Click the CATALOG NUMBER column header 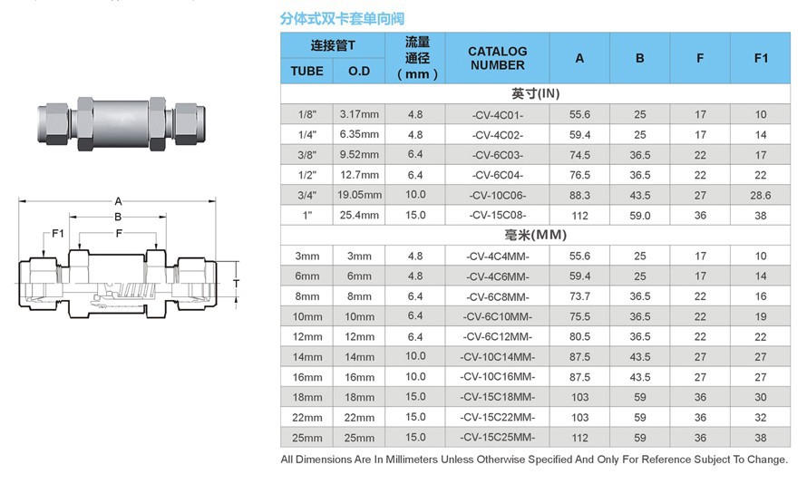[497, 58]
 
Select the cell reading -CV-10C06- [497, 195]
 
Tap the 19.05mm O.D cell [359, 195]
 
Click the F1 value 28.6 [761, 195]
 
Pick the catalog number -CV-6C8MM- [497, 296]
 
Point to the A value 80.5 [579, 336]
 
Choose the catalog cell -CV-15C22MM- [497, 417]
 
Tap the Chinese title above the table [342, 18]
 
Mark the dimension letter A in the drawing [118, 201]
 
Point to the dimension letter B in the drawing [117, 217]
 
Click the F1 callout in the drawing [57, 233]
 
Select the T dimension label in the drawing [236, 283]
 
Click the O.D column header [359, 71]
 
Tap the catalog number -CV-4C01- [497, 114]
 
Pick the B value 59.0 [640, 216]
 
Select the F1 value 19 [761, 316]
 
